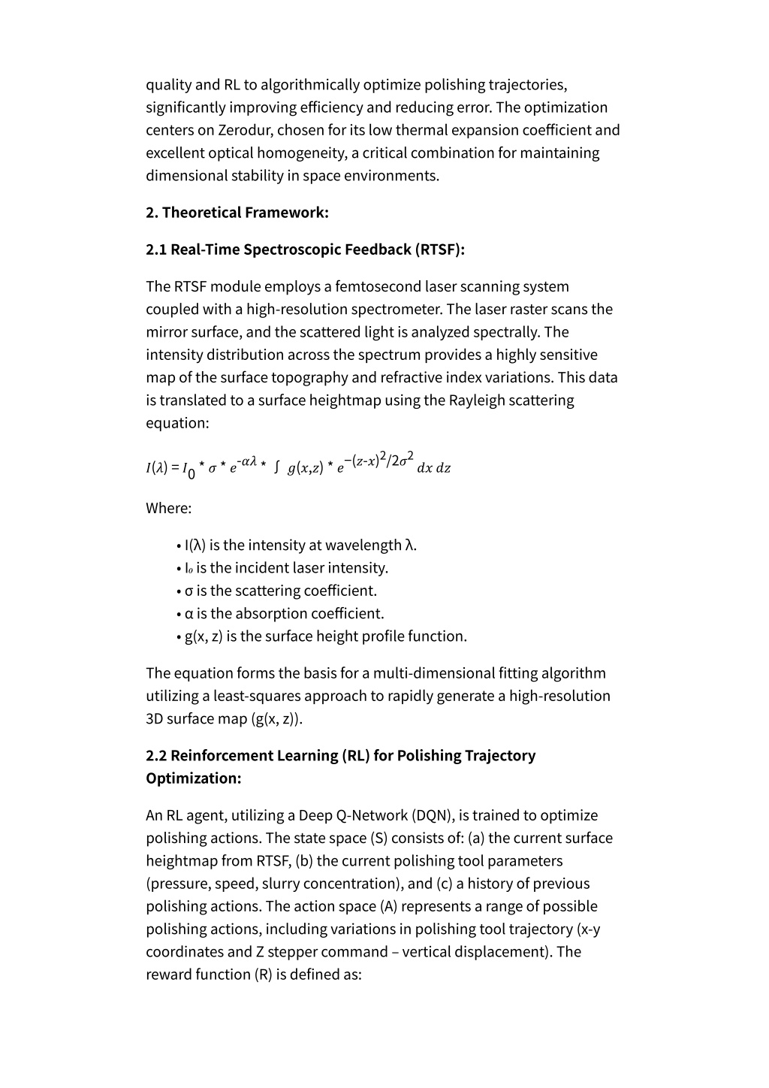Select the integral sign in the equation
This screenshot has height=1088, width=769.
tap(277, 467)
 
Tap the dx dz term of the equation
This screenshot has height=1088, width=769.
tap(433, 468)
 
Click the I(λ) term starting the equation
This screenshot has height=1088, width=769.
tap(156, 468)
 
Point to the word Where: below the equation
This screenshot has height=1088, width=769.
tap(169, 508)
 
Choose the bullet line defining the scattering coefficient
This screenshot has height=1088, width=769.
tap(281, 591)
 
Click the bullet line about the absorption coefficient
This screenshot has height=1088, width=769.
tap(284, 613)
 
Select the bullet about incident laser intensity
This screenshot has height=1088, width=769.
tap(286, 568)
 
